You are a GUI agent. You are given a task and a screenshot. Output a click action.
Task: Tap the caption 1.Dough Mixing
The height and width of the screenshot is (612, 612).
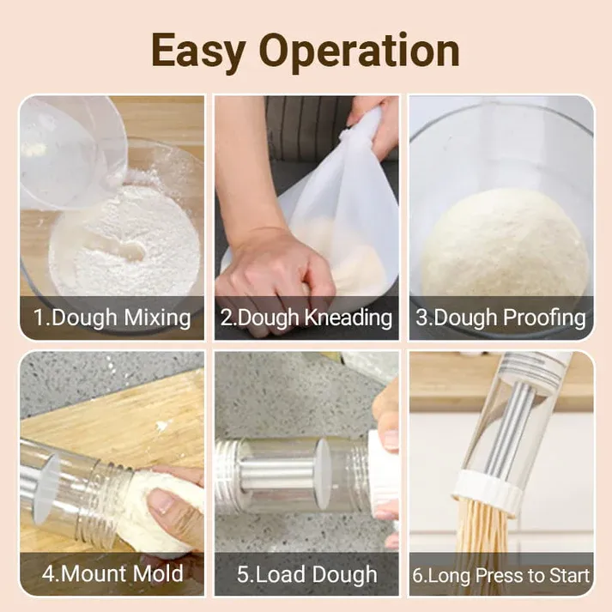coord(112,318)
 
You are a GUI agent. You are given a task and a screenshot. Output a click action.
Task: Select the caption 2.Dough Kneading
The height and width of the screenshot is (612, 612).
coord(306,318)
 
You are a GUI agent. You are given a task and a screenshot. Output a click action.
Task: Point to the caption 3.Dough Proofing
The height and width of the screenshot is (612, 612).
coord(500,318)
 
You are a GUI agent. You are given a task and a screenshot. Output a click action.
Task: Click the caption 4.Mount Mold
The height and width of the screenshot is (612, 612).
coord(112,573)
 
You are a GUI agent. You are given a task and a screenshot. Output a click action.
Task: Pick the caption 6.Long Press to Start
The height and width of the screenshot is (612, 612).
coord(500,574)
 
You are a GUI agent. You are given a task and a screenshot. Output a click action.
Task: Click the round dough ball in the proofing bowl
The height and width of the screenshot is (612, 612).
coord(504,245)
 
